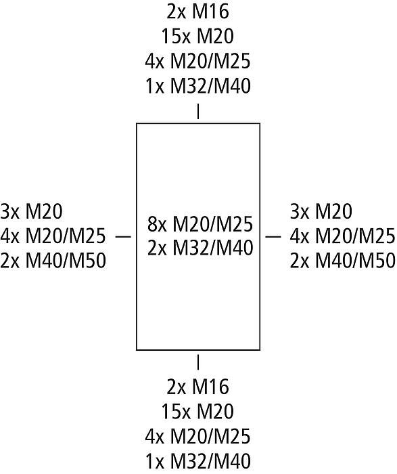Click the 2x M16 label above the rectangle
tap(197, 12)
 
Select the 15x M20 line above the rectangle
tap(197, 37)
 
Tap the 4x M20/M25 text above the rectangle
tap(197, 62)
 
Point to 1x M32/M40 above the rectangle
tap(198, 86)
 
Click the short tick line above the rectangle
tap(198, 112)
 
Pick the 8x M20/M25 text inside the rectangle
tap(200, 224)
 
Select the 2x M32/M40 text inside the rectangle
tap(200, 249)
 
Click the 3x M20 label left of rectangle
tap(31, 211)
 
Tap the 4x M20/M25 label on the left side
tap(53, 236)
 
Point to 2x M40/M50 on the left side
tap(53, 261)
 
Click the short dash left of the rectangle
tap(124, 236)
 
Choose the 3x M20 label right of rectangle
tap(321, 211)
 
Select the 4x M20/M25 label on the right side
tap(343, 236)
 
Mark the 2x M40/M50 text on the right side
tap(343, 261)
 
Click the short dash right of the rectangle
tap(273, 236)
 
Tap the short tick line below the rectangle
tap(198, 362)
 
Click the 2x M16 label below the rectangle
tap(197, 387)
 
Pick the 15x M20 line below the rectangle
tap(197, 412)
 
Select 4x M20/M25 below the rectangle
tap(197, 437)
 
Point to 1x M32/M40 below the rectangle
tap(198, 461)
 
